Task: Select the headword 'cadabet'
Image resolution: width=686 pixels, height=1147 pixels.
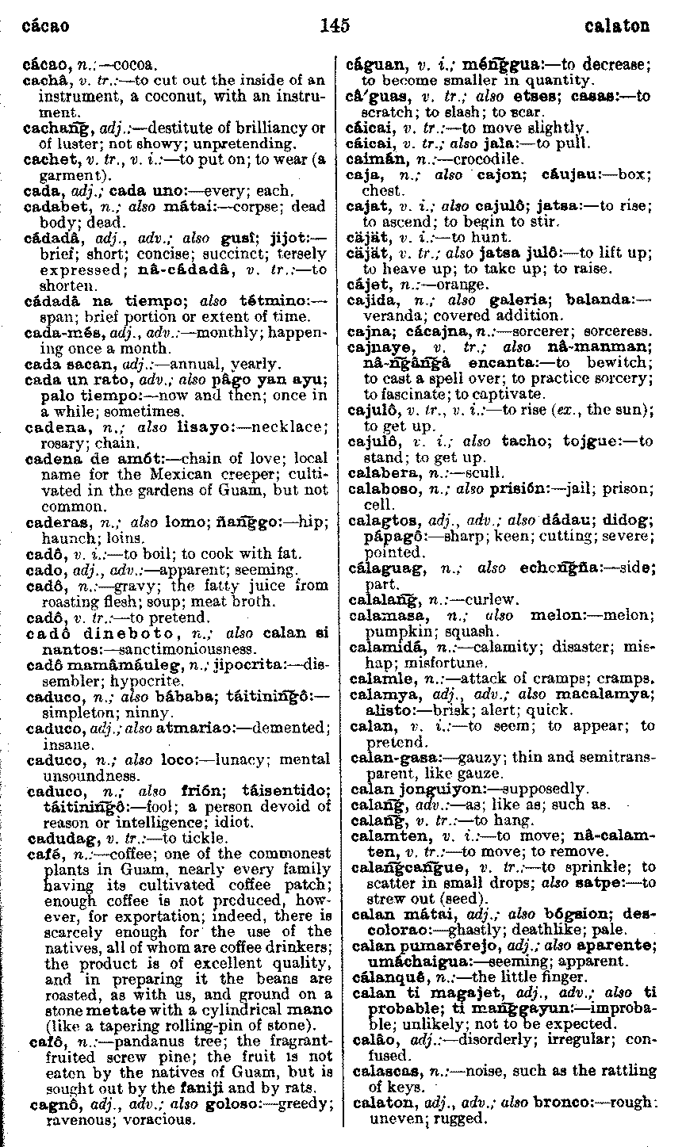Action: pyautogui.click(x=49, y=207)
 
